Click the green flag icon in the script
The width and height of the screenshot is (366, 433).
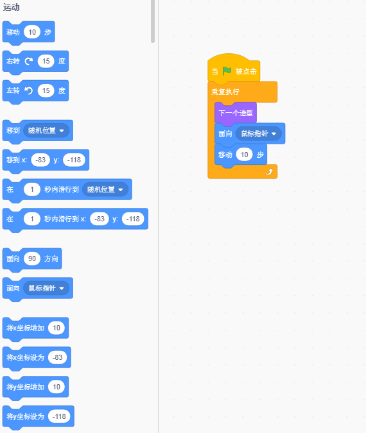tap(227, 71)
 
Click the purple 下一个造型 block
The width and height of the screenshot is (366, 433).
tap(236, 113)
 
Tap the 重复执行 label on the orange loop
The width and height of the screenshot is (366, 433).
tap(225, 92)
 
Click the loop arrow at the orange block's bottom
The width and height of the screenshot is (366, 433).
tap(269, 172)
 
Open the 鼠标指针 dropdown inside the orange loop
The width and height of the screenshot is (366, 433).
tap(259, 133)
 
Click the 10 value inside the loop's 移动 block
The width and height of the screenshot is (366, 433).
tap(245, 155)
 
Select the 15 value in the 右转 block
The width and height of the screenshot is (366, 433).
tap(46, 61)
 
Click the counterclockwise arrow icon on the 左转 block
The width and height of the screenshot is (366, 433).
tap(28, 90)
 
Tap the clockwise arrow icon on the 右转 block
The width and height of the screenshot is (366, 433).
tap(29, 61)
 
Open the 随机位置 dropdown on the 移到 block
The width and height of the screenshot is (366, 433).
tap(46, 130)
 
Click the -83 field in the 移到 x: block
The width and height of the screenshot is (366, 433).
tap(40, 160)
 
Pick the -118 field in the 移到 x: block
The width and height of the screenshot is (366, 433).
tap(74, 160)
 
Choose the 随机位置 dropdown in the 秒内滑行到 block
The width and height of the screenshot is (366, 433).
tap(105, 189)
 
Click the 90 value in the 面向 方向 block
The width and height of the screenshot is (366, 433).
tap(32, 259)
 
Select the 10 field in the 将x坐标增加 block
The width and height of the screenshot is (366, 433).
tap(57, 328)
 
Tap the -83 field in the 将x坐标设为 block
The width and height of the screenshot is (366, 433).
tap(58, 357)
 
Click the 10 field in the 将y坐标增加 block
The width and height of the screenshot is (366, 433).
tap(57, 387)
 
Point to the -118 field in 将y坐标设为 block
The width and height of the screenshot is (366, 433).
tap(59, 416)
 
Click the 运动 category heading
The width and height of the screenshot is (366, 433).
tap(12, 8)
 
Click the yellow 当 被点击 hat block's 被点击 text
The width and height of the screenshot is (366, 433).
tap(246, 71)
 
